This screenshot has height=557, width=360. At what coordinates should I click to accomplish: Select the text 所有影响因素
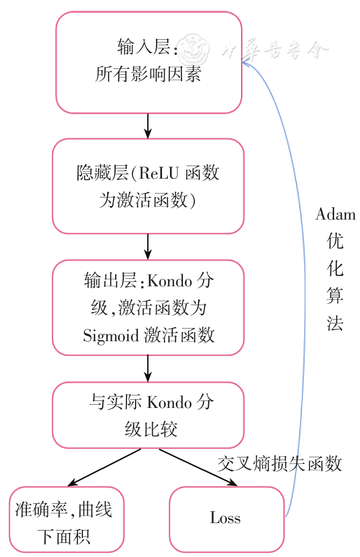(x=149, y=74)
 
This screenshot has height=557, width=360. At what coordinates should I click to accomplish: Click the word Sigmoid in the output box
(x=111, y=335)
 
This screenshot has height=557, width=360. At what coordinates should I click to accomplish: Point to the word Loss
(x=225, y=518)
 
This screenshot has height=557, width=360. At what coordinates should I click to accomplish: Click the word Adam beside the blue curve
(x=335, y=215)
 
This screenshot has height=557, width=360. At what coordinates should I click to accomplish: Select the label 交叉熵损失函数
(x=280, y=463)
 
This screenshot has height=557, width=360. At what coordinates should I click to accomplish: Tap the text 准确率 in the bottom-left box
(x=42, y=509)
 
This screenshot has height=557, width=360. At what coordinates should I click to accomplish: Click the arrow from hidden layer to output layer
(x=148, y=246)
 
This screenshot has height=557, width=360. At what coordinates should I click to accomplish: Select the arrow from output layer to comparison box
(x=148, y=369)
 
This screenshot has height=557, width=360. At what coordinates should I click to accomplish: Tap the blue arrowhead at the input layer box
(x=245, y=63)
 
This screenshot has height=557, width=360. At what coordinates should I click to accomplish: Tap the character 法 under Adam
(x=335, y=322)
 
